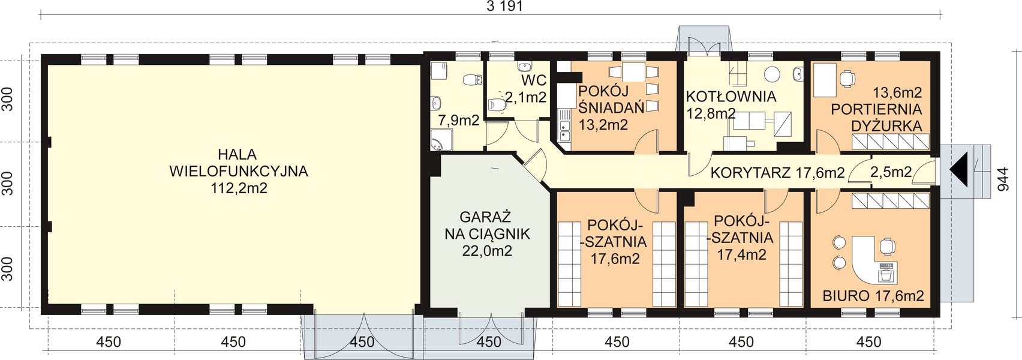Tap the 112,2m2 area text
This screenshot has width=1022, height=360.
click(239, 188)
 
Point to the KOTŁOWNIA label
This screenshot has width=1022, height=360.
click(731, 96)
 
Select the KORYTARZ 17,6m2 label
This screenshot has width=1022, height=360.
click(777, 174)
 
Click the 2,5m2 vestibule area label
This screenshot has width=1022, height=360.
click(891, 173)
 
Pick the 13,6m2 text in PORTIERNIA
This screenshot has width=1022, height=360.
click(897, 93)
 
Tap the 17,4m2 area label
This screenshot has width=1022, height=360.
click(742, 254)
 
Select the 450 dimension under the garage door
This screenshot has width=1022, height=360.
click(489, 342)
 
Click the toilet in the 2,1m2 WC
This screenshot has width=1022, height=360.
click(497, 106)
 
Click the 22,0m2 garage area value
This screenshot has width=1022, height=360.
click(487, 251)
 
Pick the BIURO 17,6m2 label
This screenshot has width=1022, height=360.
click(873, 295)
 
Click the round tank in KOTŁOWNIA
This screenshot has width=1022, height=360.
click(772, 74)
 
